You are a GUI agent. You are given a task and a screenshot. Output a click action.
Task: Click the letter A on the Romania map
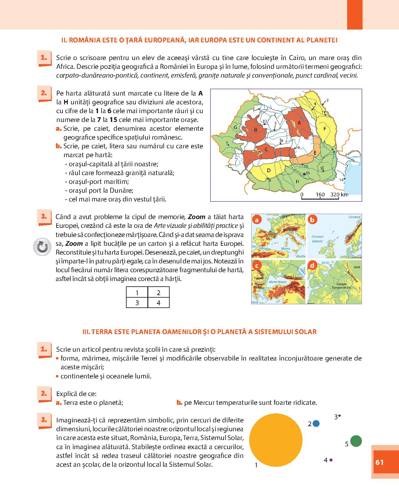pyautogui.click(x=299, y=123)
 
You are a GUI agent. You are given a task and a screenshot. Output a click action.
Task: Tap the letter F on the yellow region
pyautogui.click(x=325, y=129)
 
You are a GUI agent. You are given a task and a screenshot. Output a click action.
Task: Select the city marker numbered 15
pyautogui.click(x=304, y=173)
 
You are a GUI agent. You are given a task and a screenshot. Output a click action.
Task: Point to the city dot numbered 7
pyautogui.click(x=228, y=144)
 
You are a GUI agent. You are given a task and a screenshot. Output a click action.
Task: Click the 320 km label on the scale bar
pyautogui.click(x=339, y=195)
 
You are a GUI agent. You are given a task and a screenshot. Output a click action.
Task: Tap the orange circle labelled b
pyautogui.click(x=312, y=220)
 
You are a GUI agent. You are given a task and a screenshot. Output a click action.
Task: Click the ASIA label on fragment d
pyautogui.click(x=357, y=267)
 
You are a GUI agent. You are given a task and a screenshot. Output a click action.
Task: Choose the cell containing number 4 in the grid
pyautogui.click(x=158, y=303)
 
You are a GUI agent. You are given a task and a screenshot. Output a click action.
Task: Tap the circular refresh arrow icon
pyautogui.click(x=42, y=247)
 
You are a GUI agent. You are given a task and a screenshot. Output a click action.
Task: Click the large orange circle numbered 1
pyautogui.click(x=276, y=440)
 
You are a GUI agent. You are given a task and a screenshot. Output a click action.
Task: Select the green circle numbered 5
pyautogui.click(x=356, y=441)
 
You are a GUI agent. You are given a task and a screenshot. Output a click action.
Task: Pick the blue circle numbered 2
pyautogui.click(x=316, y=424)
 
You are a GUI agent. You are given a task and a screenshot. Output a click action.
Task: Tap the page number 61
pyautogui.click(x=380, y=462)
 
